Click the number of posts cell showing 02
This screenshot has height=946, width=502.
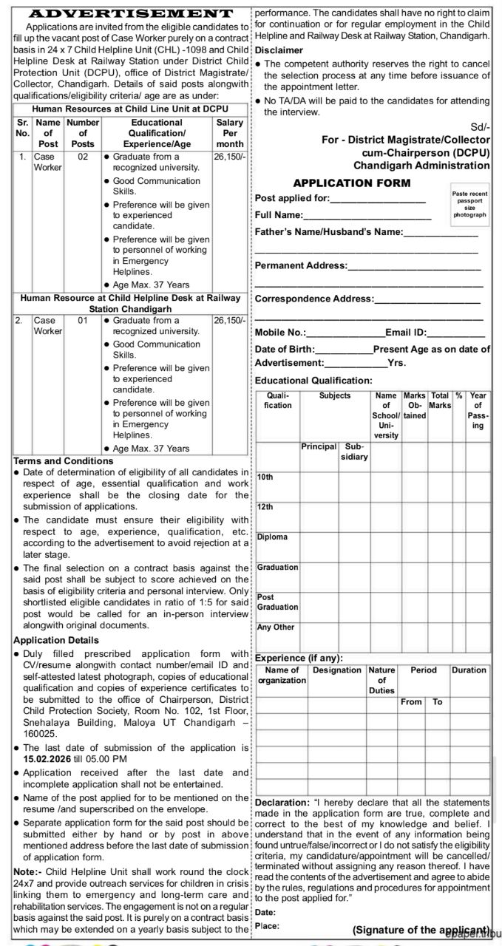point(83,157)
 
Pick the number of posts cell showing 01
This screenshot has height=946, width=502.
point(83,321)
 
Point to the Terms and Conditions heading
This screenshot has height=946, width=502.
point(64,460)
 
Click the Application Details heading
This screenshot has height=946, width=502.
point(56,639)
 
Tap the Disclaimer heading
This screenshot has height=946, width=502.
point(279,50)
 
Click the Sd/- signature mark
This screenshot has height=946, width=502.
point(480,127)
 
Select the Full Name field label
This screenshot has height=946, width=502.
point(279,214)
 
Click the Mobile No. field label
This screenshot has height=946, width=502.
point(280,333)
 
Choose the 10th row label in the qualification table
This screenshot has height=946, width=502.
point(265,477)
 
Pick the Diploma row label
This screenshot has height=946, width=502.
point(272,537)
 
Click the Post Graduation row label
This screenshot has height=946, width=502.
point(277,602)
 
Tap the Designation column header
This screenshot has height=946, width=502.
point(337,670)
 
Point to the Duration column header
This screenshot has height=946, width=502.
point(469,670)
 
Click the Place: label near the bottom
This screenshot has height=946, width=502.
point(266,925)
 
